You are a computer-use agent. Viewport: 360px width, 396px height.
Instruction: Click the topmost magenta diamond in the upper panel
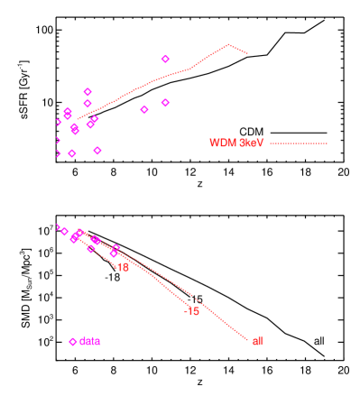pyautogui.click(x=165, y=60)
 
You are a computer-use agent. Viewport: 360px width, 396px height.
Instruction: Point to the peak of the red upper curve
pyautogui.click(x=229, y=44)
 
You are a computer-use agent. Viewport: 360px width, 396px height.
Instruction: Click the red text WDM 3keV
pyautogui.click(x=235, y=143)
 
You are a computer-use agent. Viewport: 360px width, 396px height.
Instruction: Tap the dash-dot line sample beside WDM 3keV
pyautogui.click(x=299, y=143)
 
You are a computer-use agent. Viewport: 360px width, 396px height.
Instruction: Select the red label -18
pyautogui.click(x=122, y=268)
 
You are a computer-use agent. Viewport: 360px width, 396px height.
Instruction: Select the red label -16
pyautogui.click(x=191, y=311)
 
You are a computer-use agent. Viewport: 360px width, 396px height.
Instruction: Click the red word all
pyautogui.click(x=257, y=341)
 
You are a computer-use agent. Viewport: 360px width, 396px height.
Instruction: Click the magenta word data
pyautogui.click(x=89, y=341)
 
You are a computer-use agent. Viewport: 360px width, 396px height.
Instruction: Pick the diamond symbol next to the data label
pyautogui.click(x=73, y=341)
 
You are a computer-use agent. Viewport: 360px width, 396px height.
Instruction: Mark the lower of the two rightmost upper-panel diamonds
pyautogui.click(x=165, y=103)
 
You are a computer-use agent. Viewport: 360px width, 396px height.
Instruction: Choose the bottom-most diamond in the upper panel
pyautogui.click(x=72, y=153)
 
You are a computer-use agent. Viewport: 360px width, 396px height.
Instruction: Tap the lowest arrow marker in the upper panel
pyautogui.click(x=58, y=154)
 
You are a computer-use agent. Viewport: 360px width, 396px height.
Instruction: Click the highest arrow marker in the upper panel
pyautogui.click(x=58, y=122)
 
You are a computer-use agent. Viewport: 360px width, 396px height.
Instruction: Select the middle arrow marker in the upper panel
pyautogui.click(x=58, y=140)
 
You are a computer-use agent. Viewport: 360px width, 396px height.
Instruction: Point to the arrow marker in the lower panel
pyautogui.click(x=58, y=226)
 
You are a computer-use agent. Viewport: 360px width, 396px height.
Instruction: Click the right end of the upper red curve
pyautogui.click(x=247, y=53)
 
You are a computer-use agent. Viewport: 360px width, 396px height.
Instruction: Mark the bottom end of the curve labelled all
pyautogui.click(x=247, y=339)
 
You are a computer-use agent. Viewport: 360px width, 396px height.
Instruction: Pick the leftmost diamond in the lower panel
pyautogui.click(x=65, y=232)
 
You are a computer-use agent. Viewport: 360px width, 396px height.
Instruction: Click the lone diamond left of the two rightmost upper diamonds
pyautogui.click(x=144, y=110)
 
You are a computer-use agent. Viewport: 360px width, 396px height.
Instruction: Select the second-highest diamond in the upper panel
pyautogui.click(x=88, y=92)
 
